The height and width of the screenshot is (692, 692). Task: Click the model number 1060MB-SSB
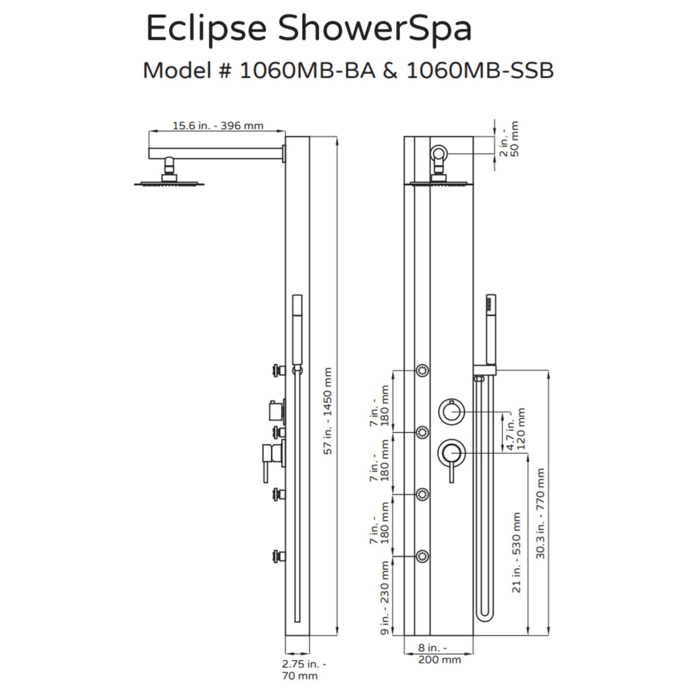click(x=480, y=70)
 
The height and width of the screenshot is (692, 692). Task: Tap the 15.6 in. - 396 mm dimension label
click(x=218, y=126)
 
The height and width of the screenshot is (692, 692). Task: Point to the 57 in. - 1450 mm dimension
click(x=328, y=411)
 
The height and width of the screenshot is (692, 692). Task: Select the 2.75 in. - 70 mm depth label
click(x=304, y=670)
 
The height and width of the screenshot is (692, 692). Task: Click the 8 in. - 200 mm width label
click(x=439, y=653)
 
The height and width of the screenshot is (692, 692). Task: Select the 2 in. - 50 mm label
click(x=509, y=139)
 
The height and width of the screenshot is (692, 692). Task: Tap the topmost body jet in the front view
click(x=423, y=369)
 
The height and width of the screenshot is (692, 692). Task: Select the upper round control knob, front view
click(x=450, y=411)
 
